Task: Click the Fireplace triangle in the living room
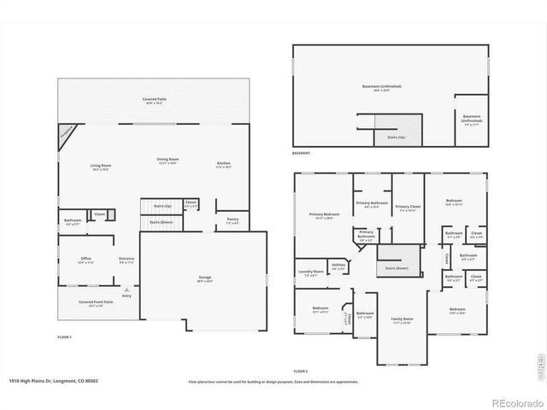[66, 134]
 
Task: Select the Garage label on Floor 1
[204, 278]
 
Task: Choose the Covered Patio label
[155, 100]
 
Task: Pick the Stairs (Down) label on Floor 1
[161, 222]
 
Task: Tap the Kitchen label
[223, 163]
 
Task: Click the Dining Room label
[168, 160]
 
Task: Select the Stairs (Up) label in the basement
[396, 137]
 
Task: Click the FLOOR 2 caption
[300, 372]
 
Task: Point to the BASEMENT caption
[301, 154]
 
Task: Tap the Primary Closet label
[408, 207]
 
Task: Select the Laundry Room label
[311, 272]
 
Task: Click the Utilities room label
[338, 266]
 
